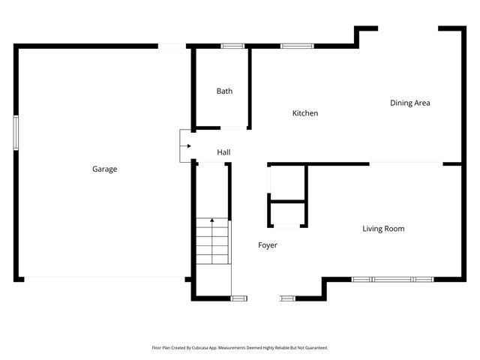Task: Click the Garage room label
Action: tap(104, 169)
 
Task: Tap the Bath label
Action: tap(224, 91)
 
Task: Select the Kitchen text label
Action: tap(305, 113)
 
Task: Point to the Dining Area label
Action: tap(409, 103)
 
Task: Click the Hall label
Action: tap(223, 152)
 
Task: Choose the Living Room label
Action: tap(383, 229)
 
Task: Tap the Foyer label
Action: tap(268, 245)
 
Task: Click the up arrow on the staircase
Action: tap(212, 221)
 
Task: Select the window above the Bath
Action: tap(232, 46)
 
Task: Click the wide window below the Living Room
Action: tap(393, 280)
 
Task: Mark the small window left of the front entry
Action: tap(238, 298)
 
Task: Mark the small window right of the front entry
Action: tap(288, 298)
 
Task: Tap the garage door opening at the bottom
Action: tap(105, 280)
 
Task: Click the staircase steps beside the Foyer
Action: tap(212, 244)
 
